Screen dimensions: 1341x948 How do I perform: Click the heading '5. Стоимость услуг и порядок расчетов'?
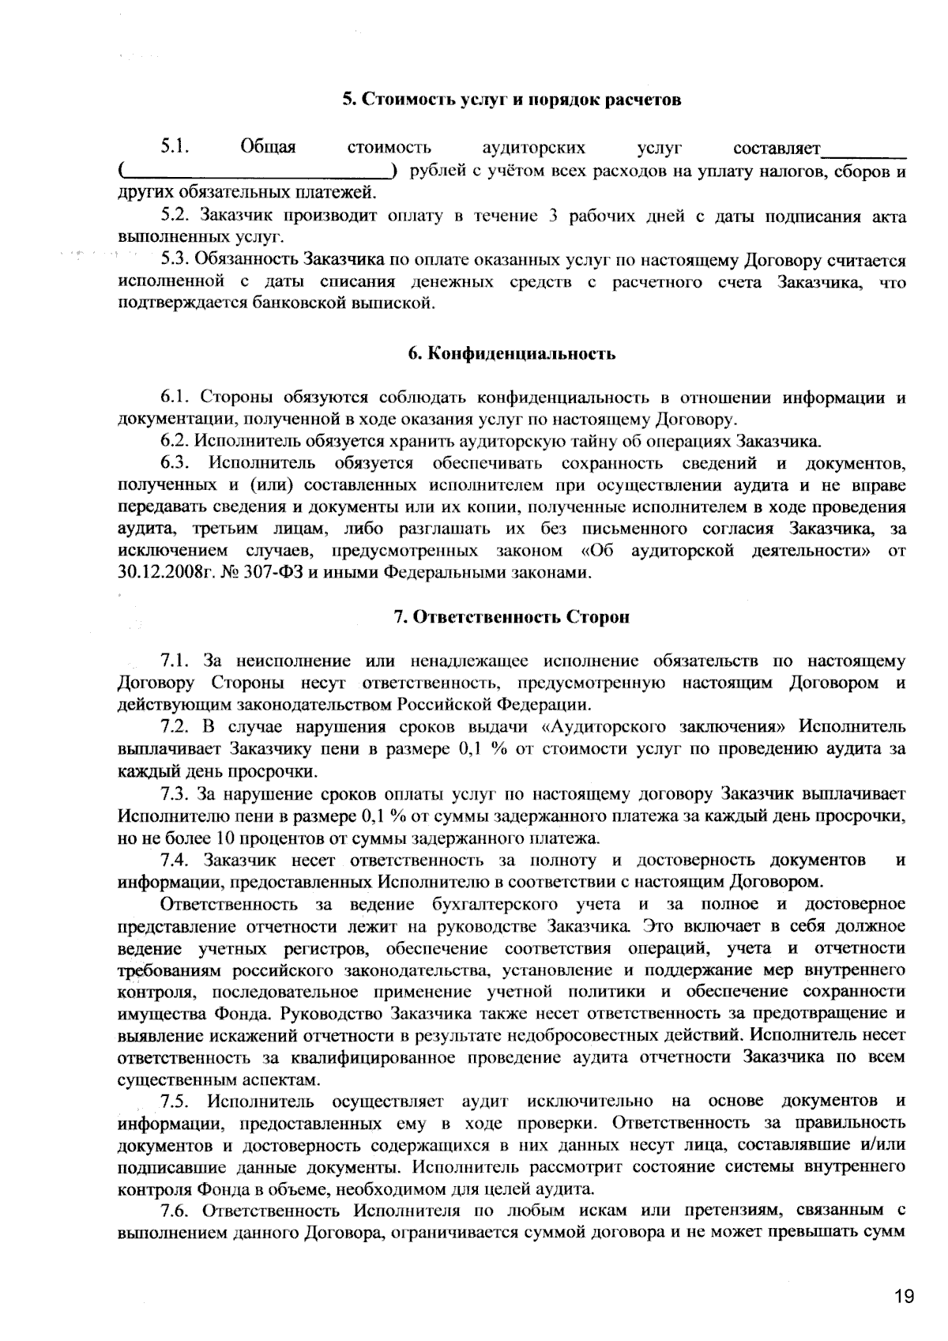click(511, 100)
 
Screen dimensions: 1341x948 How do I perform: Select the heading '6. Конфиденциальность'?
click(511, 354)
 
